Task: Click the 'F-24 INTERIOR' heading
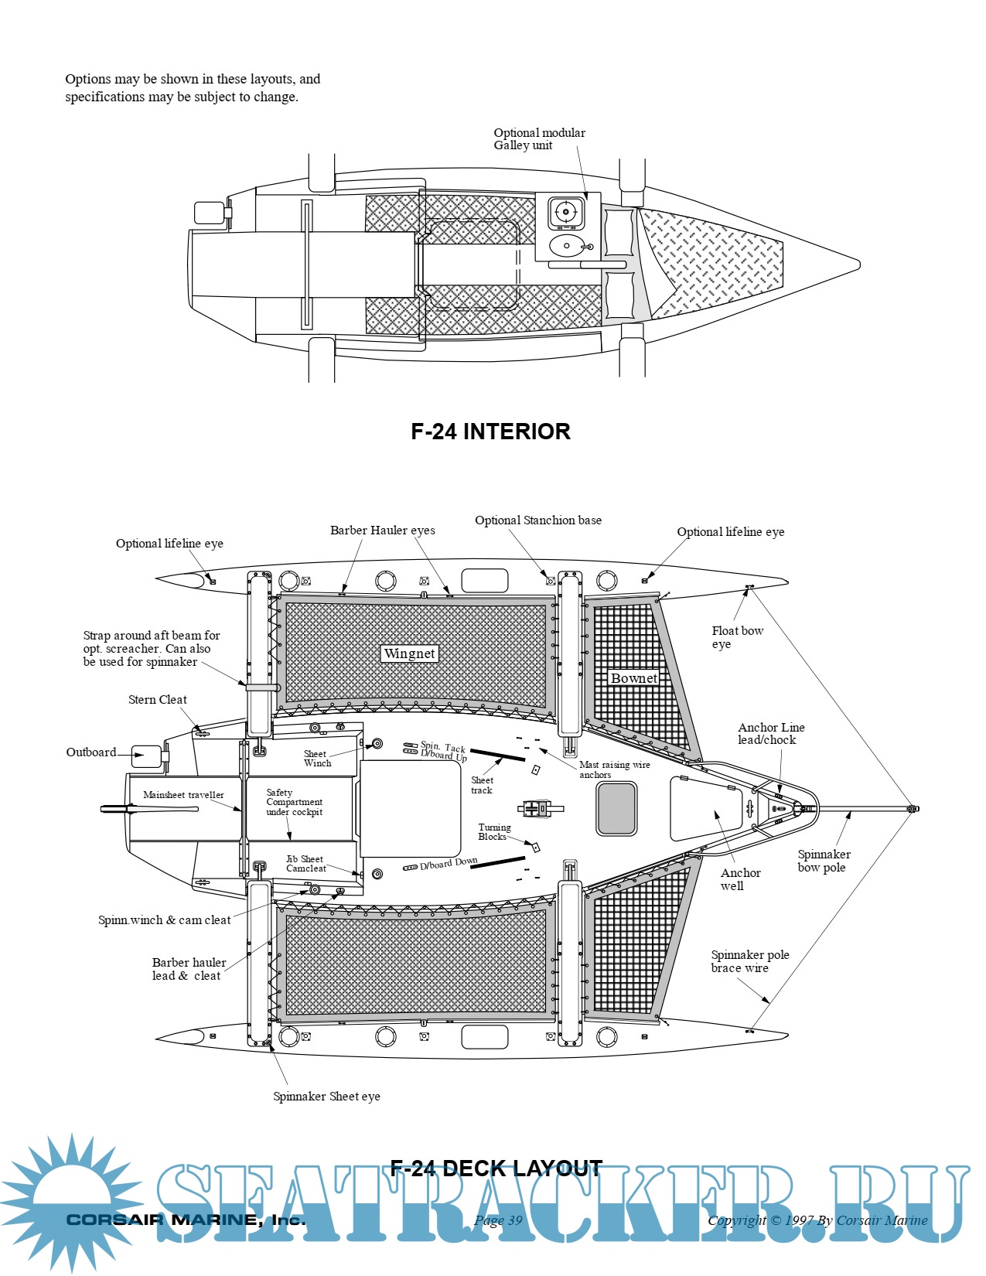coord(490,432)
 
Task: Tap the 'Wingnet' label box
coord(410,653)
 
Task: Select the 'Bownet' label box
coord(634,678)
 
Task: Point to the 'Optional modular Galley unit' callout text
coord(539,139)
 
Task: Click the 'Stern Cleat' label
coord(158,700)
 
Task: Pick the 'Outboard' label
coord(91,752)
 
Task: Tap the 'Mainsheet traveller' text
coord(183,795)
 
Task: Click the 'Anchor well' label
coord(740,879)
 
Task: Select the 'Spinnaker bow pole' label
coord(824,861)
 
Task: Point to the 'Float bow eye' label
coord(737,637)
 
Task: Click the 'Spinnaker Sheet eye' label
coord(326,1097)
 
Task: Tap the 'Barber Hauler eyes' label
coord(382,531)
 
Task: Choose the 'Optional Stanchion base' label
coord(538,520)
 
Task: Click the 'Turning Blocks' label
coord(494,832)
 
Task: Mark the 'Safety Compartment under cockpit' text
coord(294,803)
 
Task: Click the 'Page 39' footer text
coord(498,1220)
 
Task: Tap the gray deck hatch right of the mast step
coord(617,808)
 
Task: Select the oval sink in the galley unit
coord(568,247)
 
